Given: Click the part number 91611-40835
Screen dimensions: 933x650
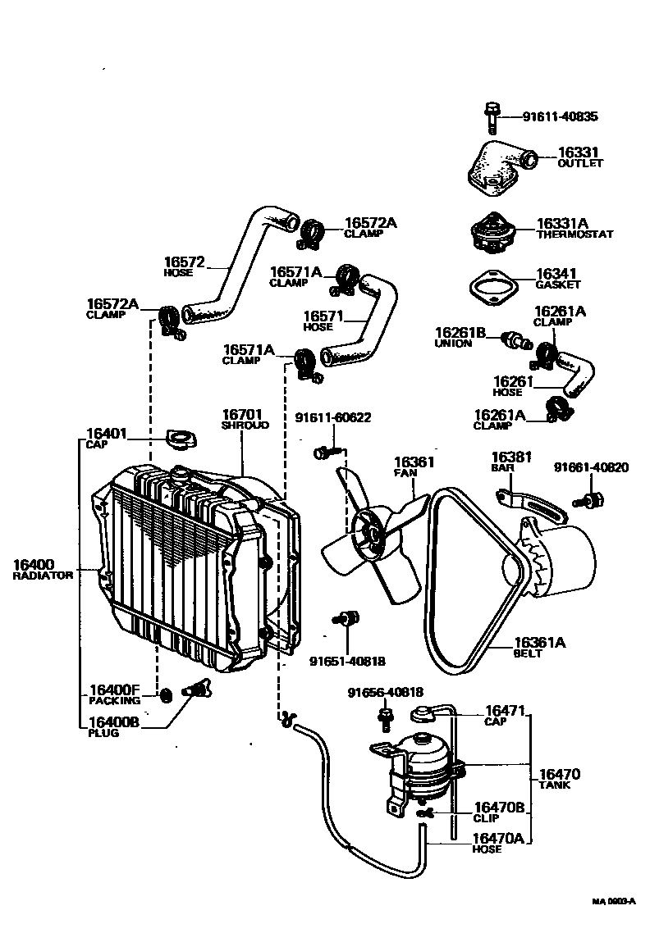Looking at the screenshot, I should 560,116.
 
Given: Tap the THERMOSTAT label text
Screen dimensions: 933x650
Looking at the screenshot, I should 574,234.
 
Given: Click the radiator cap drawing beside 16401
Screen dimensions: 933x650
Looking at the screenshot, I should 177,438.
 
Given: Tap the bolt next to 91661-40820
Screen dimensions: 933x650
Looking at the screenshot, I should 590,498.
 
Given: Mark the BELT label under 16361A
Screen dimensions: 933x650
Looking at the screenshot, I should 527,654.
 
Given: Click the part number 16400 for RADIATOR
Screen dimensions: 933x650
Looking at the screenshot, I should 34,564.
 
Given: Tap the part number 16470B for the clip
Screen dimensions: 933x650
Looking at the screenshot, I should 497,807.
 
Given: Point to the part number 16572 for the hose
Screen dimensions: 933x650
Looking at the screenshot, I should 185,262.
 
